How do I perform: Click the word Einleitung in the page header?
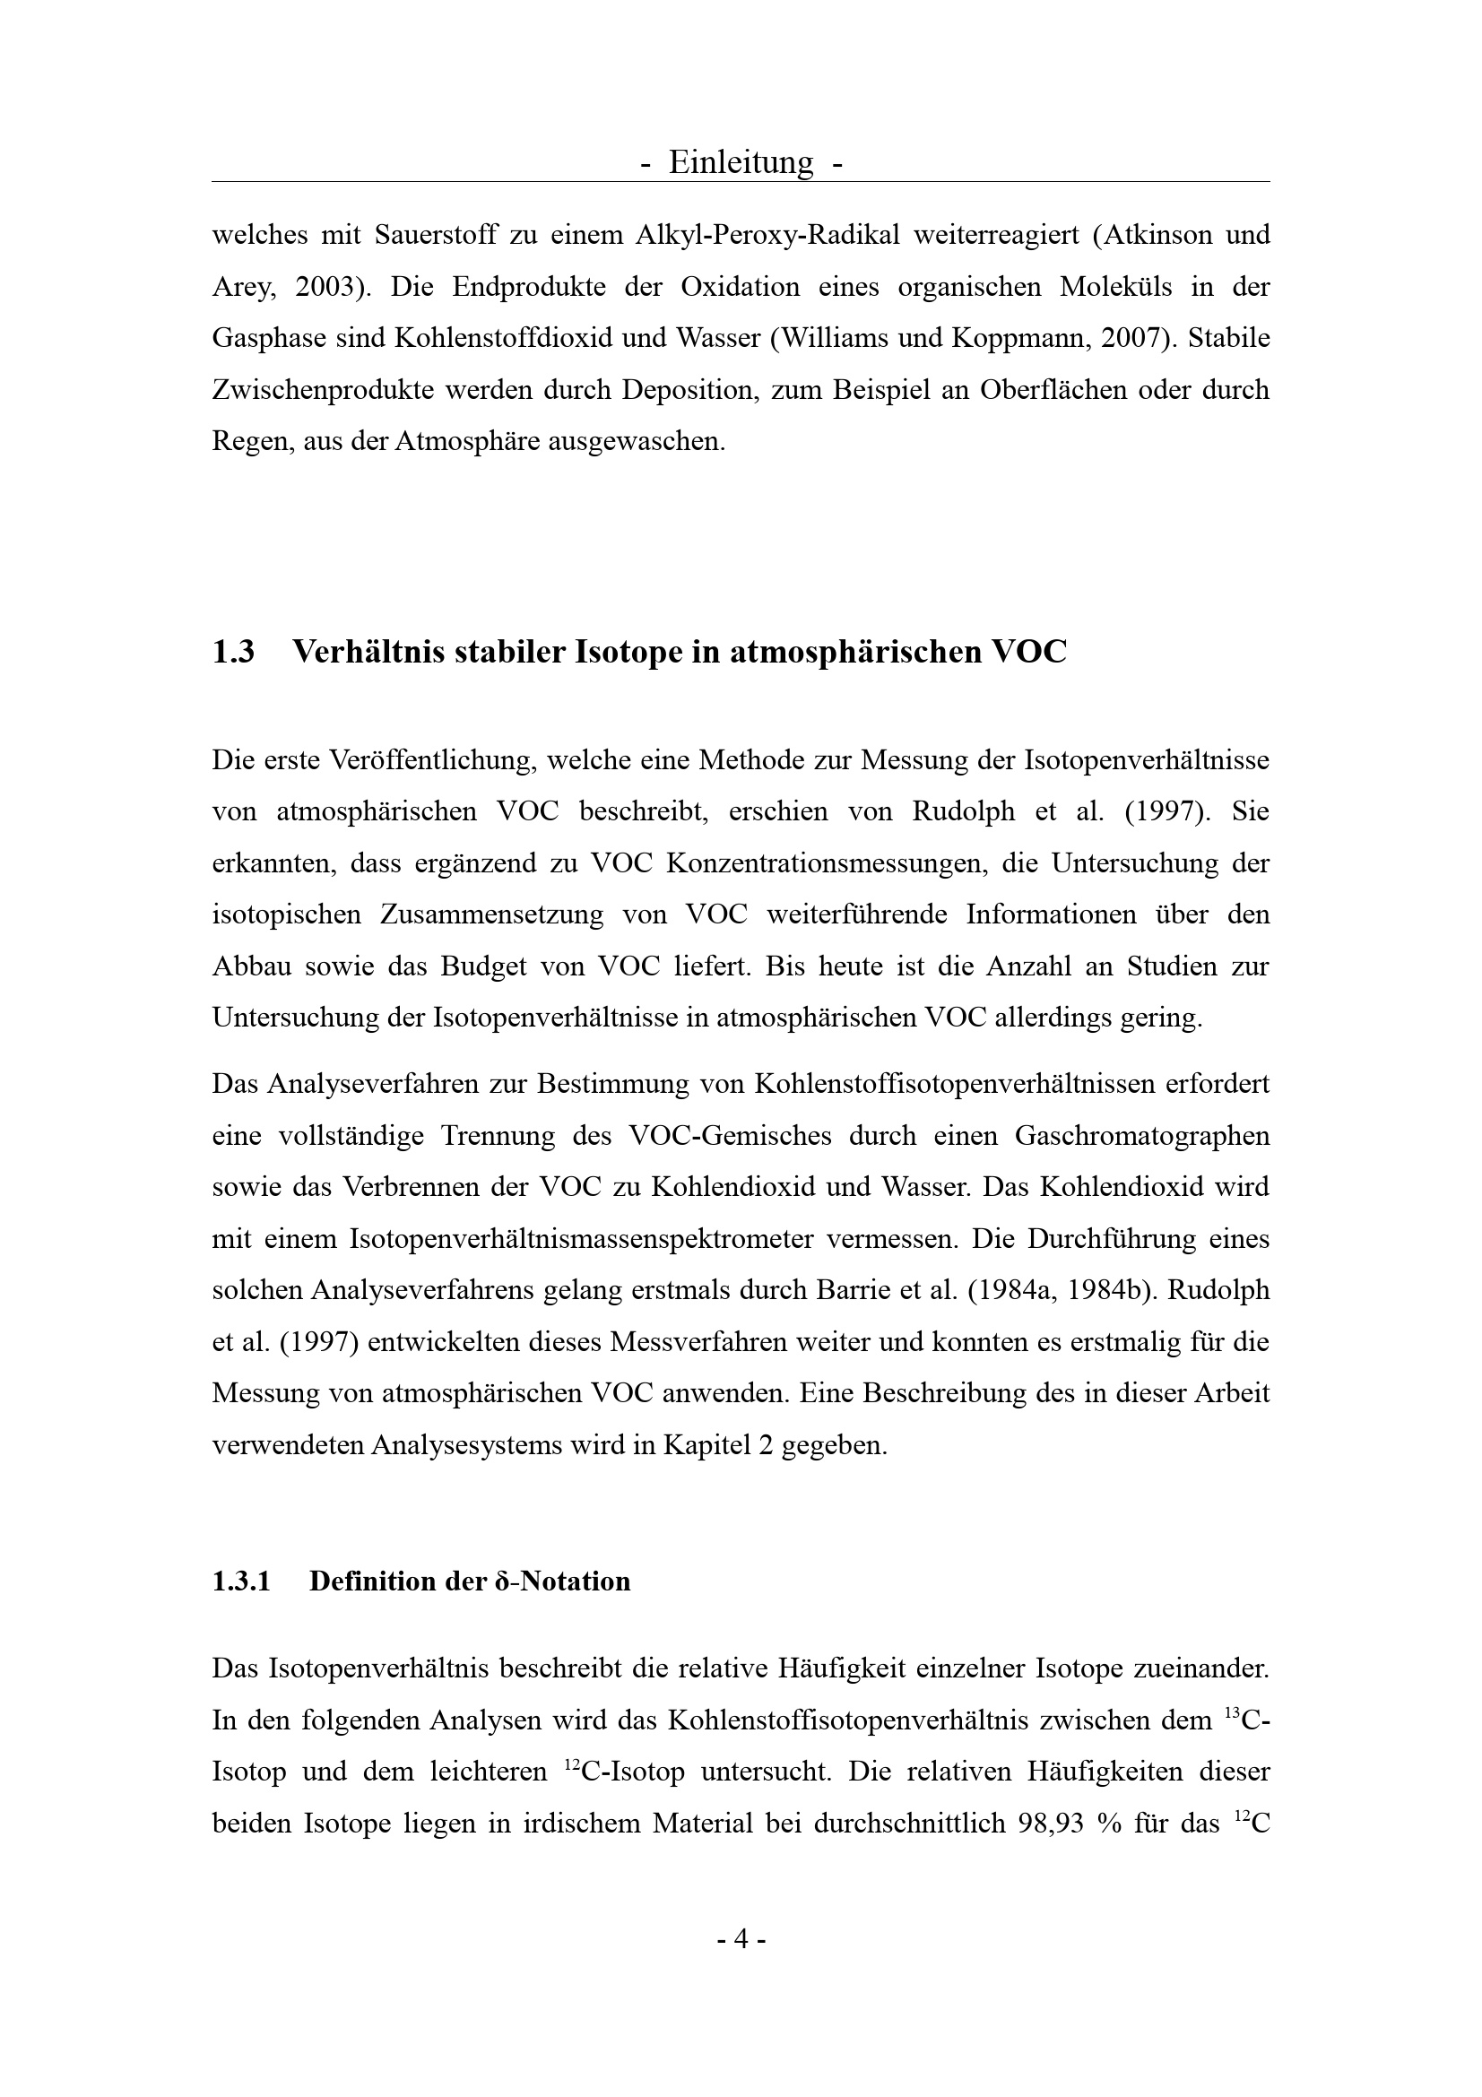point(741,162)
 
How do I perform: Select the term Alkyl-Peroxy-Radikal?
point(767,236)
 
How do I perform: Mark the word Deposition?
point(687,391)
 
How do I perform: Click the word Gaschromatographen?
point(1141,1136)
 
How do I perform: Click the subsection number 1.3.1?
point(241,1581)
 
